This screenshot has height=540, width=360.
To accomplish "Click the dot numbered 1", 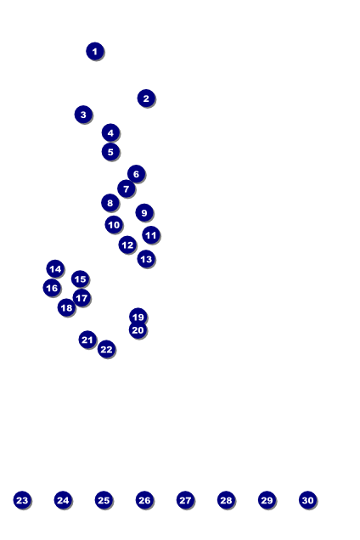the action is pyautogui.click(x=95, y=51).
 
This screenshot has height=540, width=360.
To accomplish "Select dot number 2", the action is pyautogui.click(x=146, y=98).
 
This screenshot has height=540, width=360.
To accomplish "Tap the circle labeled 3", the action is pyautogui.click(x=83, y=115).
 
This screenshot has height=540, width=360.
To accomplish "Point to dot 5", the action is pyautogui.click(x=110, y=151).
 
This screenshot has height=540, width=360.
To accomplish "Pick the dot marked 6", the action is pyautogui.click(x=136, y=174).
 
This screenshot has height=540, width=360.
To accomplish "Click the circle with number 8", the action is pyautogui.click(x=110, y=203).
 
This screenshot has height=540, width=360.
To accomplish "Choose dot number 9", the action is pyautogui.click(x=144, y=213).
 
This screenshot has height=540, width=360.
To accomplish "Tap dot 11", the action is pyautogui.click(x=151, y=235).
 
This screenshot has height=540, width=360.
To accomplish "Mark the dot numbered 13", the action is pyautogui.click(x=146, y=259).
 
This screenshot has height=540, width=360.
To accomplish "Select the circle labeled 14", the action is pyautogui.click(x=55, y=269).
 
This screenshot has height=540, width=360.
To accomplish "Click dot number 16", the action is pyautogui.click(x=52, y=288).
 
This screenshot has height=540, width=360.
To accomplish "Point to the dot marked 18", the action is pyautogui.click(x=66, y=307).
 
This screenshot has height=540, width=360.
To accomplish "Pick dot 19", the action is pyautogui.click(x=138, y=317).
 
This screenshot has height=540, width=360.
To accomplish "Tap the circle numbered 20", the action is pyautogui.click(x=138, y=330).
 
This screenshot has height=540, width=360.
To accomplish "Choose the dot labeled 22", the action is pyautogui.click(x=106, y=350).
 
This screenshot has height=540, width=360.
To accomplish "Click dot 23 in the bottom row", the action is pyautogui.click(x=22, y=500).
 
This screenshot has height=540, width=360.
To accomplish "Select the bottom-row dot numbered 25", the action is pyautogui.click(x=104, y=500).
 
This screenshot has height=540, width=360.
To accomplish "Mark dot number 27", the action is pyautogui.click(x=185, y=500).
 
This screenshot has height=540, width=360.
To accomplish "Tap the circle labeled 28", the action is pyautogui.click(x=226, y=500).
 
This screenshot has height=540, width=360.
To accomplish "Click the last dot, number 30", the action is pyautogui.click(x=307, y=500).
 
